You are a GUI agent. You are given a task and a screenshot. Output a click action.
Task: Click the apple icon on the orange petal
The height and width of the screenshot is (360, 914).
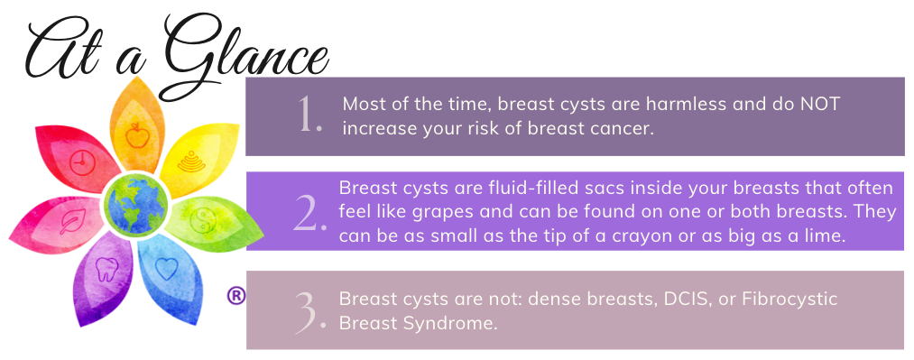pyautogui.click(x=137, y=135)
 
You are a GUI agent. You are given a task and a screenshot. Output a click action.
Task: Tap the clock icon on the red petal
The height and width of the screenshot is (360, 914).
pyautogui.click(x=82, y=162)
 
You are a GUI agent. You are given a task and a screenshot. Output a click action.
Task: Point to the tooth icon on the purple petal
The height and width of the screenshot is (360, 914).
pyautogui.click(x=106, y=269)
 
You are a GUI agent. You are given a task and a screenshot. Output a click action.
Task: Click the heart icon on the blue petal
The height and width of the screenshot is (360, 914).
pyautogui.click(x=166, y=269)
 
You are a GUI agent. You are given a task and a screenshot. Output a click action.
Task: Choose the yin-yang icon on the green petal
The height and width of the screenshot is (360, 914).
pyautogui.click(x=203, y=221)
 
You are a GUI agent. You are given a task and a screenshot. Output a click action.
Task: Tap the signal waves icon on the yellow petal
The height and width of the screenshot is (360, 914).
pyautogui.click(x=192, y=162)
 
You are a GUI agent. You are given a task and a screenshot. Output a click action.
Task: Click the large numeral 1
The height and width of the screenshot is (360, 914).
pyautogui.click(x=309, y=115)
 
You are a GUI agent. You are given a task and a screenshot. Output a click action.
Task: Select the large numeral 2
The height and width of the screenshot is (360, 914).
pyautogui.click(x=309, y=212)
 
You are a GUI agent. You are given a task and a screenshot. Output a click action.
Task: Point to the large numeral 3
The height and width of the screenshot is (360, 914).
pyautogui.click(x=309, y=313)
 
